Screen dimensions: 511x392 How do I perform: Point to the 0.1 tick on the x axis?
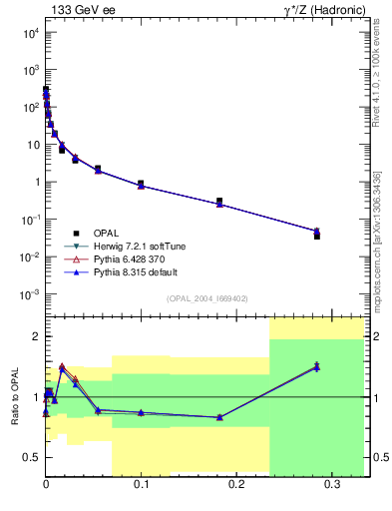coord(141,484)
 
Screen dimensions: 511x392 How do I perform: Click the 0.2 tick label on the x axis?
coord(236,484)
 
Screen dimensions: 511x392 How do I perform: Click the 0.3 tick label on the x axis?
coord(331,484)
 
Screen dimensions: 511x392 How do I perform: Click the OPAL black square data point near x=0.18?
coord(219,201)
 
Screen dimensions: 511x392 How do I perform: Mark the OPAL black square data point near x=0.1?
coord(141,184)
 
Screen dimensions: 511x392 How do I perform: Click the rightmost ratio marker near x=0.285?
coord(317,366)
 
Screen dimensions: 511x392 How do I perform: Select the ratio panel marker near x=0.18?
coord(219,417)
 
